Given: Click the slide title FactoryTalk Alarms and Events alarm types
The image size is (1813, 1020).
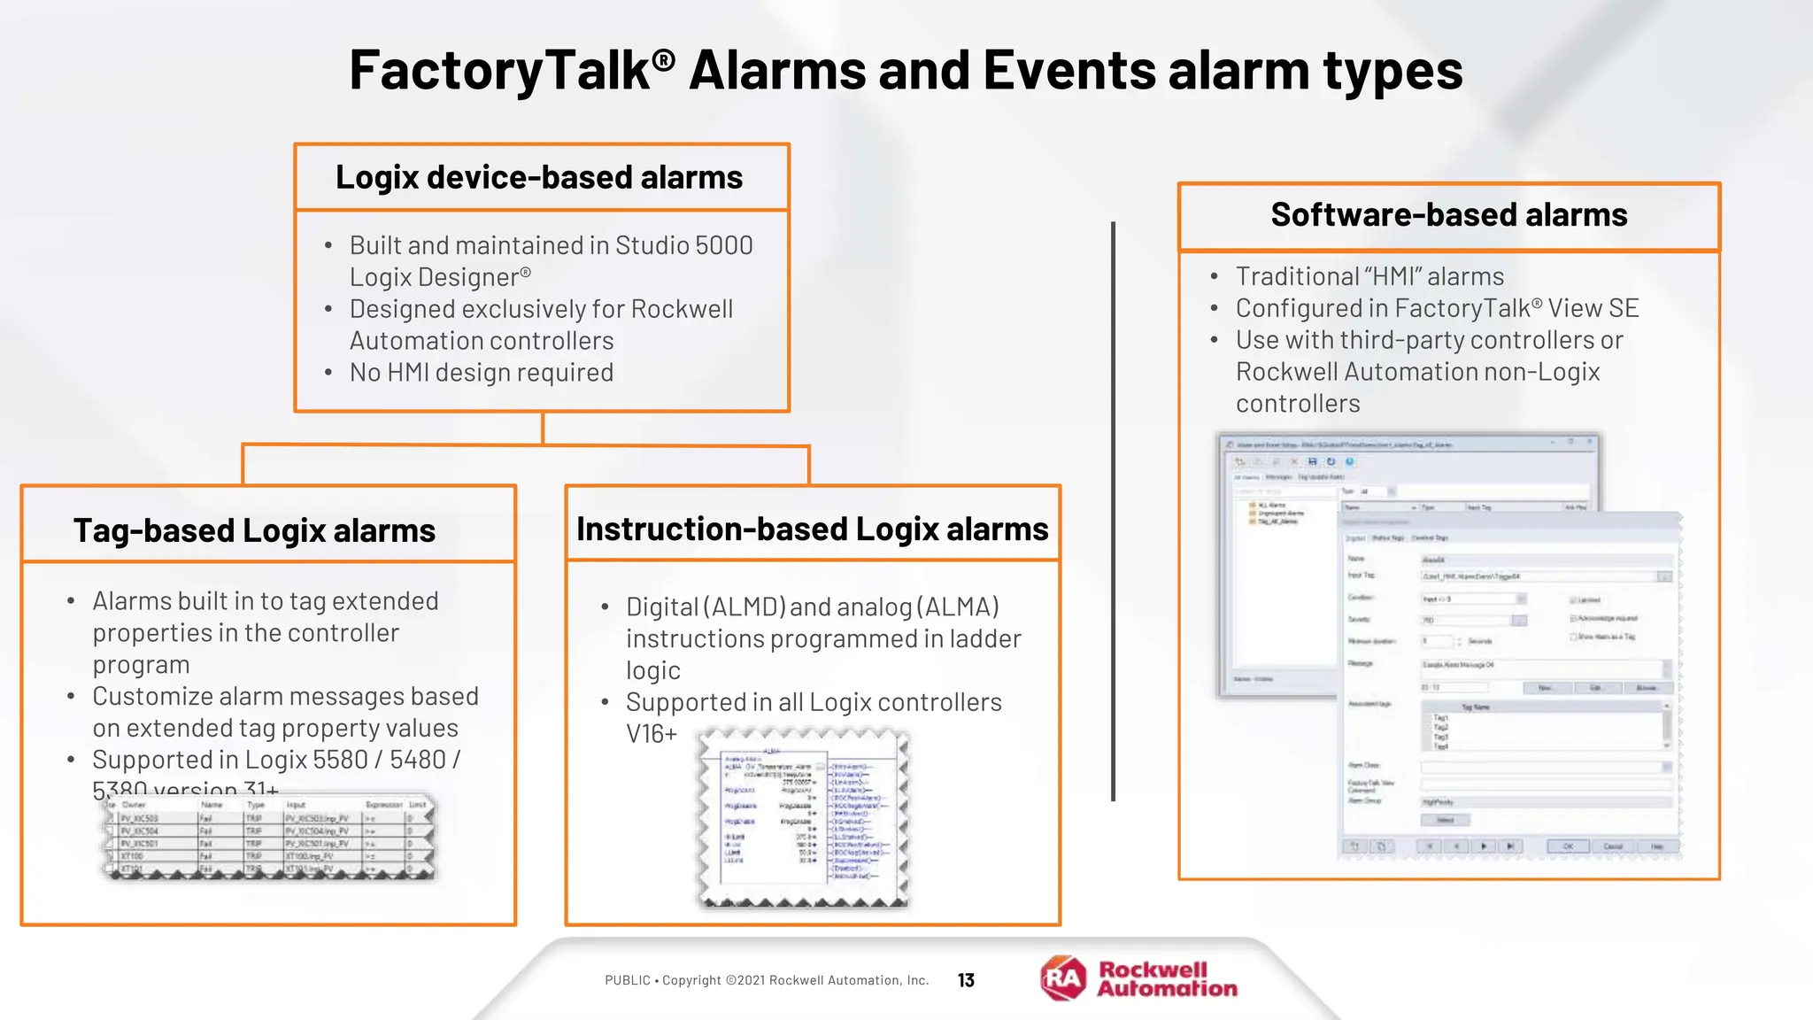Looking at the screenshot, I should click(x=906, y=71).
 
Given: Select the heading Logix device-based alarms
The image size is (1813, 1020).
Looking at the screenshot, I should click(x=539, y=177).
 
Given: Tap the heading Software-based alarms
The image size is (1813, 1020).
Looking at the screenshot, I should click(x=1449, y=215).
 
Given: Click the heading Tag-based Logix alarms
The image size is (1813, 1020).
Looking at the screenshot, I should click(x=254, y=530).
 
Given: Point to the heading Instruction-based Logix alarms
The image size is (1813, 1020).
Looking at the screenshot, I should click(x=812, y=529).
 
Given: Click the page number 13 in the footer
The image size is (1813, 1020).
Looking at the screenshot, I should click(x=966, y=980).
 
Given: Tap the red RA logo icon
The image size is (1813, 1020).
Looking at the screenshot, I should click(x=1063, y=978).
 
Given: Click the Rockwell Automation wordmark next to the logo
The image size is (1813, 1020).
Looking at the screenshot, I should click(x=1166, y=979).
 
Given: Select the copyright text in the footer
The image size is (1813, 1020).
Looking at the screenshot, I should click(x=767, y=980).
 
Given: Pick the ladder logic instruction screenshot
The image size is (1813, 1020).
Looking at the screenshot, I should click(x=803, y=818).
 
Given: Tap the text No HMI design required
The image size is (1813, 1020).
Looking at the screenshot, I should click(x=481, y=373).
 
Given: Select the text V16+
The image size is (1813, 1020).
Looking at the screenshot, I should click(x=651, y=734).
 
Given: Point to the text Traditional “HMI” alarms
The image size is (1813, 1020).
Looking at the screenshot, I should click(x=1369, y=277).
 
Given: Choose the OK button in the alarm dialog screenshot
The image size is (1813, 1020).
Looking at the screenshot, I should click(x=1568, y=846).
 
